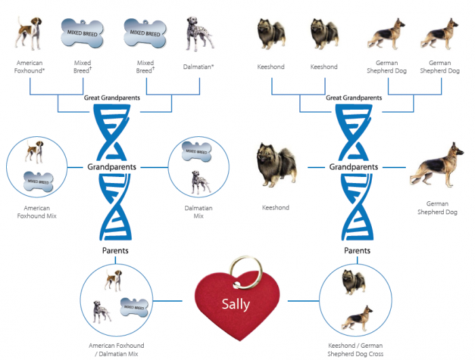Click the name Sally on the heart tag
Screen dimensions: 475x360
235,304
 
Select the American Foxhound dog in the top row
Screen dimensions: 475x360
28,33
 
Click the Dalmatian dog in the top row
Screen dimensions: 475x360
199,34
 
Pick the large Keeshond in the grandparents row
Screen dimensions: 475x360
276,165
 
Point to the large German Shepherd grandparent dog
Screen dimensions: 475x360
436,165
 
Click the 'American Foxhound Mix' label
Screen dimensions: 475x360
37,212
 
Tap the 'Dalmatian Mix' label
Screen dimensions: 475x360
198,212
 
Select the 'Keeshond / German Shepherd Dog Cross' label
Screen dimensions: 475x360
356,349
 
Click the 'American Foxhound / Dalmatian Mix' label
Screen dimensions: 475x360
116,349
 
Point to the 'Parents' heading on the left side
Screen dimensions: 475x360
115,250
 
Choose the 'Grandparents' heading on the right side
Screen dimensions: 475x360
354,167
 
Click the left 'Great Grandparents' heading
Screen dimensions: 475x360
112,98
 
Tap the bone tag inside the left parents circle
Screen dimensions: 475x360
134,307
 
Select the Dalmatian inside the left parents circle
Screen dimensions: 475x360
102,312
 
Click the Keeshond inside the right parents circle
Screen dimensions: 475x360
354,282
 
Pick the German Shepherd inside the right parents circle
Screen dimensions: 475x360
358,318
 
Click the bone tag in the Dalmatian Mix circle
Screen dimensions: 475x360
196,151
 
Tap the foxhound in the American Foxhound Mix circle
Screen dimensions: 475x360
34,151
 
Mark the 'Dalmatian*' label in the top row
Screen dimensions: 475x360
198,66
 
